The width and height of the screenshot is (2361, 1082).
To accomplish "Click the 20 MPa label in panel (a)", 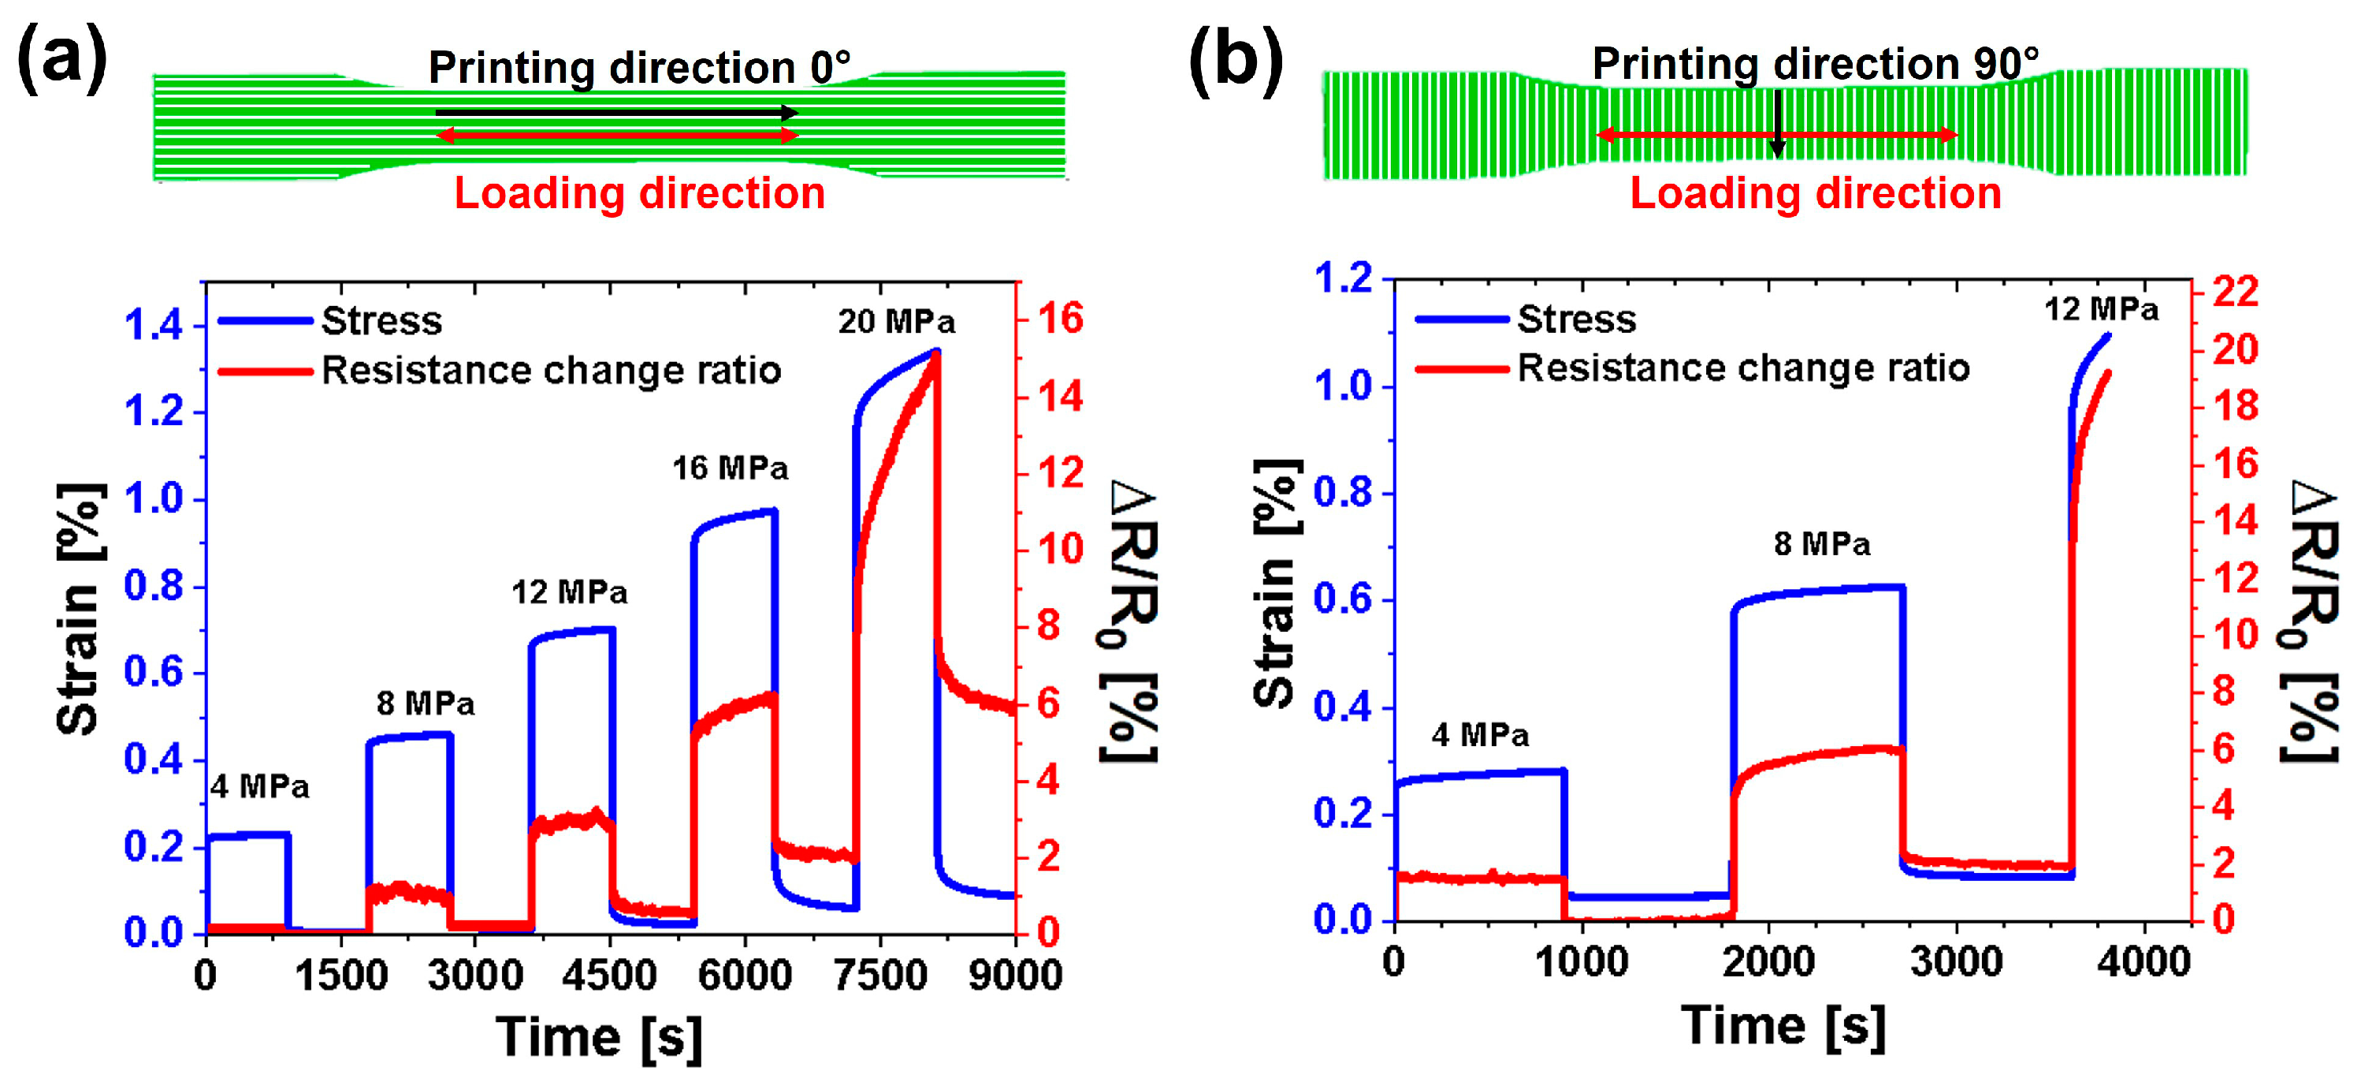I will (x=895, y=322).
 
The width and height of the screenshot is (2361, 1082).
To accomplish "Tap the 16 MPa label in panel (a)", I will (x=730, y=468).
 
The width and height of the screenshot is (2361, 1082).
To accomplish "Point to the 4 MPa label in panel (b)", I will (x=1479, y=734).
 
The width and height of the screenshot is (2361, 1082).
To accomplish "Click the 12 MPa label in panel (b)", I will (x=2100, y=309).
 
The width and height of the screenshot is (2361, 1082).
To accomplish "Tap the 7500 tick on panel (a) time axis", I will (x=880, y=974).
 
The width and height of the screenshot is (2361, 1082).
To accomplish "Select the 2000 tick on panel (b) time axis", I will (x=1768, y=962).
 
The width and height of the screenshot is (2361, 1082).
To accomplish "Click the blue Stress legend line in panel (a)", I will (x=265, y=321).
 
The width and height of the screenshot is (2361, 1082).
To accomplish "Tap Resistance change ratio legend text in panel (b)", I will (x=1742, y=368).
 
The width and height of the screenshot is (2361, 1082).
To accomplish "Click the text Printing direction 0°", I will (x=639, y=67).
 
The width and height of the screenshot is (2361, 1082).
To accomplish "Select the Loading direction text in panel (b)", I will (x=1815, y=193).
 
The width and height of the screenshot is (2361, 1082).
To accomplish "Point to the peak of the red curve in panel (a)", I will (x=935, y=356).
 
